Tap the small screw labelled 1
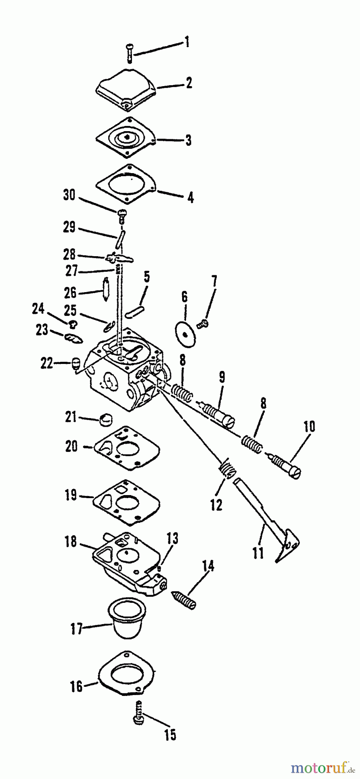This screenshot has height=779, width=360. [129, 53]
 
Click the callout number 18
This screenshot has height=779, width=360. [71, 541]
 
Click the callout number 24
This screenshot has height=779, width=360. [39, 309]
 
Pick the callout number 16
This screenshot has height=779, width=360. [76, 686]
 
